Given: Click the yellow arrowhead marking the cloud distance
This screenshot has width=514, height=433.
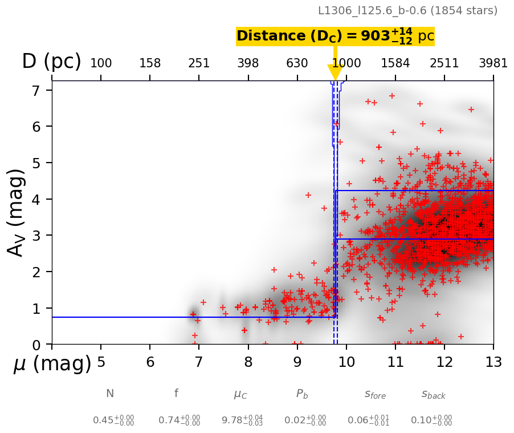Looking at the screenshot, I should tap(335, 72).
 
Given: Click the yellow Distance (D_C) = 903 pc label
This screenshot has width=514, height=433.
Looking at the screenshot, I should tap(335, 36).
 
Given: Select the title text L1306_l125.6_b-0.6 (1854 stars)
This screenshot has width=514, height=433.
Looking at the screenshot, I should tap(407, 10).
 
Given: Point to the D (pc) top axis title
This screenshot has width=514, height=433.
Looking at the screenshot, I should tap(51, 61).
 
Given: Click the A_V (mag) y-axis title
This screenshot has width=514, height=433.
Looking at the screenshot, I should tap(17, 212).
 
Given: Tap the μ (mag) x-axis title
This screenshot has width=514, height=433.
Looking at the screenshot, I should tap(52, 363).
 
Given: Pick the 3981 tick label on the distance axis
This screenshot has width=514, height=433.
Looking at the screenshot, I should tap(493, 63).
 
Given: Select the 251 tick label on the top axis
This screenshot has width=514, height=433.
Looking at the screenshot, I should tap(199, 63).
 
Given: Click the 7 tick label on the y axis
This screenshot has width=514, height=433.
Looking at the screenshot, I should tap(35, 90).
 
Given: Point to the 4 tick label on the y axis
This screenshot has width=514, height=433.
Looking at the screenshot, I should tap(35, 199).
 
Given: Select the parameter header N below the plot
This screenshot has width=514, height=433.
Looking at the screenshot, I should tap(109, 394).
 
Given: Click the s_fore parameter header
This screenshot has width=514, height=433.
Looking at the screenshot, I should tap(375, 394).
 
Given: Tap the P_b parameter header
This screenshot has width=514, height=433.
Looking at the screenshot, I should tap(302, 394).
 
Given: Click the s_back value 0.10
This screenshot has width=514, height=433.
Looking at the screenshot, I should tap(431, 420).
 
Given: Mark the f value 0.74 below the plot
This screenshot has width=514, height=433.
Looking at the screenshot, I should tap(179, 420).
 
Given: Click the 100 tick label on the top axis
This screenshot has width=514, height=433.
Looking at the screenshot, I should tap(101, 63).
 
